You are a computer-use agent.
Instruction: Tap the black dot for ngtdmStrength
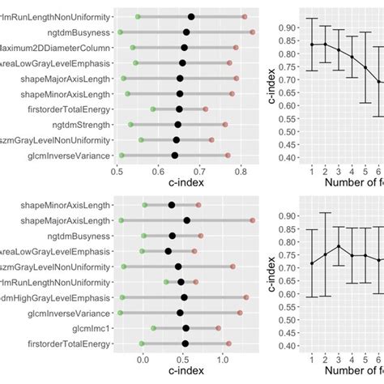point(177,125)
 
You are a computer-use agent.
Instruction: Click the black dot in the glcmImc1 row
point(186,328)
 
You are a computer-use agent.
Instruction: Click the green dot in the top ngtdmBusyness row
point(120,32)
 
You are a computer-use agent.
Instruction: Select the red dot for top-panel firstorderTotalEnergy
point(205,109)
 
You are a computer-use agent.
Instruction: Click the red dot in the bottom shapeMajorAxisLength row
point(252,220)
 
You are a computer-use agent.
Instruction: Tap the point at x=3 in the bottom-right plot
point(339,246)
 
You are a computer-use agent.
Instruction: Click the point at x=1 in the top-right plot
point(312,45)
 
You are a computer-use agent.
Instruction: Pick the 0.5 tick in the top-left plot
point(117,172)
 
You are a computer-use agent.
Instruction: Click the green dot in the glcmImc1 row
point(154,328)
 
